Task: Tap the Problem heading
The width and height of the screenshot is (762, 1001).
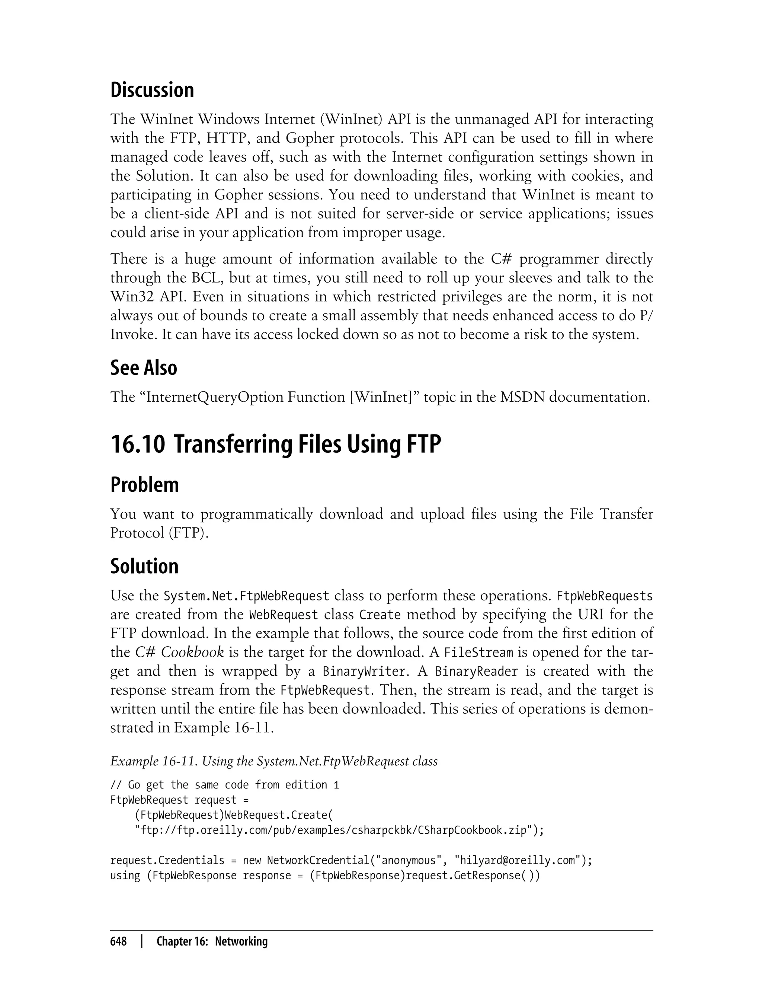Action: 144,485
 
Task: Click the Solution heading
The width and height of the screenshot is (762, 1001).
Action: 144,566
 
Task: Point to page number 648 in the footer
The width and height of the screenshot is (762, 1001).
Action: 118,941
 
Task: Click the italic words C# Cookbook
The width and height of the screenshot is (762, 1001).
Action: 180,652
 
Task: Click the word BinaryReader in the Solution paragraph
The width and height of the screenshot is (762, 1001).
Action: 476,671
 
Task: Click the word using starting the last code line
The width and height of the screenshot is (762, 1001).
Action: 125,875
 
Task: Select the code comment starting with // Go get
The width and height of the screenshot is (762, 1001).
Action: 224,785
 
